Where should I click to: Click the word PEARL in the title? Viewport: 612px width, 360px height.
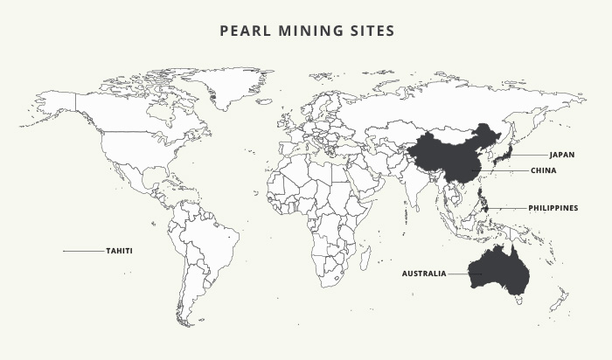pos(247,31)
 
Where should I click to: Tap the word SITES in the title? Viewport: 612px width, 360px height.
pos(371,31)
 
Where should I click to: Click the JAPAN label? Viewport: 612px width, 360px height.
pos(562,155)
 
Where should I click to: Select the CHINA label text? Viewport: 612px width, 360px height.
pos(543,171)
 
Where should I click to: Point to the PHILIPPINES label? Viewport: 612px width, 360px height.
pos(553,208)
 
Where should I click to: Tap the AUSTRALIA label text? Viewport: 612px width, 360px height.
pos(424,273)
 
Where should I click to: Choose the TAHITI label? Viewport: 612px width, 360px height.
pos(119,251)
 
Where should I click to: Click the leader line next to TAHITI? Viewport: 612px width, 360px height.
pos(83,251)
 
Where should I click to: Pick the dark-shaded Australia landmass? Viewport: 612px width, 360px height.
pos(498,271)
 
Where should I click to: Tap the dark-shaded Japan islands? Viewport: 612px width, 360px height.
pos(499,158)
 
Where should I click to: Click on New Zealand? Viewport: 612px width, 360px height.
pos(560,301)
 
